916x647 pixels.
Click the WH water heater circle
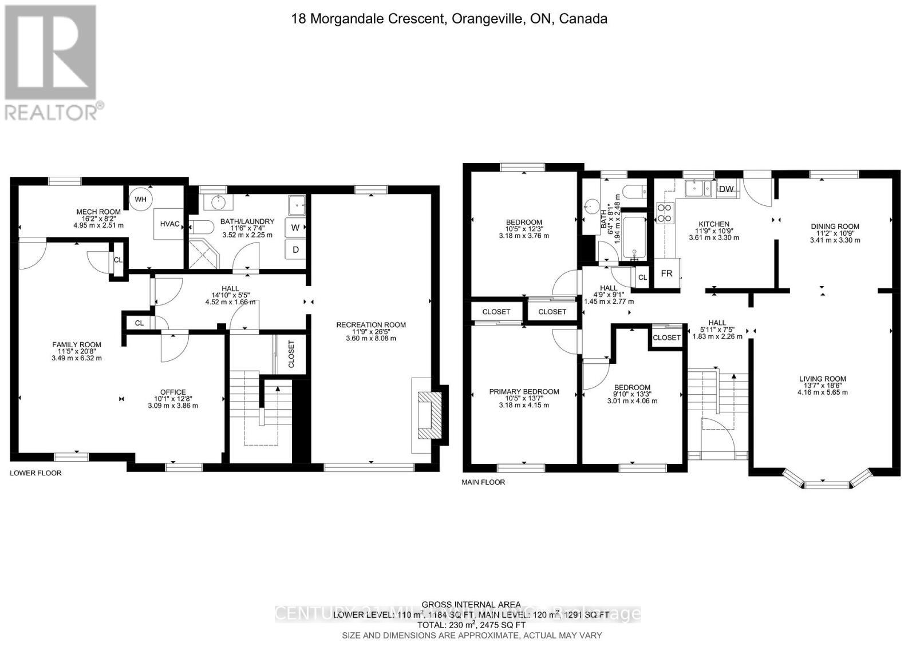click(141, 199)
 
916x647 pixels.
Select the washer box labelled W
click(295, 228)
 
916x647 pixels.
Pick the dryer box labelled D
click(295, 249)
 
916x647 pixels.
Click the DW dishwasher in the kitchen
click(727, 189)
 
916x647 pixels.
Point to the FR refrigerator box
click(666, 273)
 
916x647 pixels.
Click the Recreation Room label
click(371, 325)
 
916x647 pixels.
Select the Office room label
click(173, 392)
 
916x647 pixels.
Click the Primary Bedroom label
click(524, 392)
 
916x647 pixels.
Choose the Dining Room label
click(835, 227)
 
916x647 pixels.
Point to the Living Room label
click(823, 379)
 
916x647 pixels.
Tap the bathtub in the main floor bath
click(634, 237)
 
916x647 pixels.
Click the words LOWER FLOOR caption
click(35, 473)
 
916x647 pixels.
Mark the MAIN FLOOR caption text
click(483, 482)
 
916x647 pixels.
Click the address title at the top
click(449, 19)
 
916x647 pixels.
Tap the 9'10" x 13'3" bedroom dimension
click(632, 394)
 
